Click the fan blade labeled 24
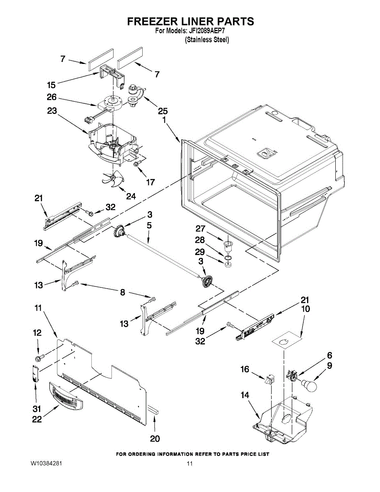pyautogui.click(x=111, y=180)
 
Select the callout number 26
pyautogui.click(x=52, y=98)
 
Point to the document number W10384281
pyautogui.click(x=46, y=464)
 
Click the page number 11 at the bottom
pyautogui.click(x=189, y=464)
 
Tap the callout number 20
pyautogui.click(x=155, y=439)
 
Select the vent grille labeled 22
pyautogui.click(x=66, y=395)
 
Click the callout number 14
pyautogui.click(x=245, y=395)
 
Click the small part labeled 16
pyautogui.click(x=269, y=379)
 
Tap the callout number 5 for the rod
pyautogui.click(x=149, y=225)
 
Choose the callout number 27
pyautogui.click(x=211, y=229)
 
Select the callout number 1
pyautogui.click(x=164, y=120)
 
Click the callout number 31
pyautogui.click(x=37, y=409)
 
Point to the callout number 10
pyautogui.click(x=305, y=309)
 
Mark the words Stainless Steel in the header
pyautogui.click(x=207, y=40)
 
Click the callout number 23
pyautogui.click(x=52, y=111)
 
